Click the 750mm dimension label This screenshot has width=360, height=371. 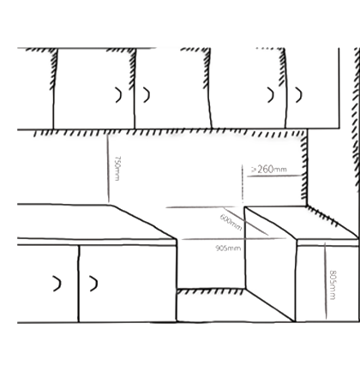point(117,168)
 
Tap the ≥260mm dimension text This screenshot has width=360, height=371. point(269,169)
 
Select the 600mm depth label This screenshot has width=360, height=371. point(231,223)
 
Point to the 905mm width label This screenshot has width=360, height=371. point(228,248)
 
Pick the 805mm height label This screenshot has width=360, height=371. point(333,284)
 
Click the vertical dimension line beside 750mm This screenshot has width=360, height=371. point(108,169)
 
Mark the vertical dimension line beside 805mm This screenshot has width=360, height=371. point(326,281)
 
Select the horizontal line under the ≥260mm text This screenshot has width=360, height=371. point(274,176)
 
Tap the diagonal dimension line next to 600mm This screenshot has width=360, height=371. point(246,222)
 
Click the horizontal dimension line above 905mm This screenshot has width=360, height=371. point(234,238)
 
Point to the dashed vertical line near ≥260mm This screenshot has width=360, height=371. point(243,183)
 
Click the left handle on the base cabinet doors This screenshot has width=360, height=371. point(57,284)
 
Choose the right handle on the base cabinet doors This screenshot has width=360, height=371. point(93,284)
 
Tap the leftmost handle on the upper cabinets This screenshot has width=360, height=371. point(118,95)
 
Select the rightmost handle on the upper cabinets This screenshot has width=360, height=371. point(299,95)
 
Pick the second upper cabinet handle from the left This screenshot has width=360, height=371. point(147,95)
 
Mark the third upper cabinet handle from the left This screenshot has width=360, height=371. point(270,95)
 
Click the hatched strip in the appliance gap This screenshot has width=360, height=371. point(210,291)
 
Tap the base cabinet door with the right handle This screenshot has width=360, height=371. point(128,284)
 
